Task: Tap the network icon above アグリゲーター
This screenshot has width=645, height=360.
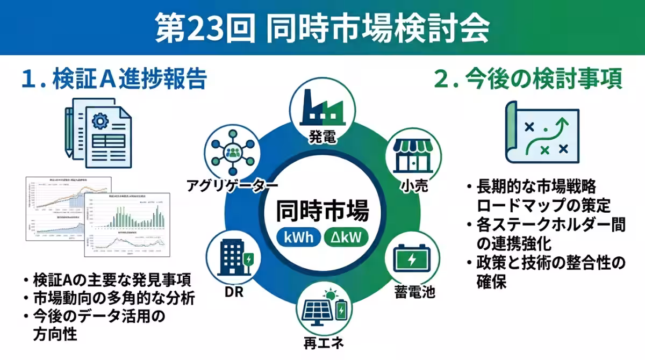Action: click(233, 152)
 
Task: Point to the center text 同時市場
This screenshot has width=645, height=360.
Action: click(322, 211)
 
